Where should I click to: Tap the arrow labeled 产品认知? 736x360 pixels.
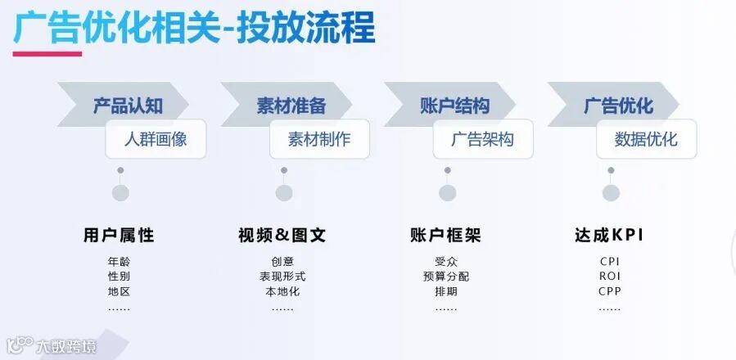[x=127, y=106]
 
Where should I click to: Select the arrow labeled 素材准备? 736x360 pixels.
[x=291, y=106]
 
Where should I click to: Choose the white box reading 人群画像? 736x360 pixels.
[x=156, y=139]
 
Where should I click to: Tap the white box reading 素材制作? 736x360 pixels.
[x=319, y=139]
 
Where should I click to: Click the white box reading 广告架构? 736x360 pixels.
[x=483, y=139]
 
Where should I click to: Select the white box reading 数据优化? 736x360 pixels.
[x=647, y=139]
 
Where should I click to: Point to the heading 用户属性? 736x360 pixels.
[x=119, y=236]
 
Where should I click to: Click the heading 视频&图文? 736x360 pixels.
[x=282, y=236]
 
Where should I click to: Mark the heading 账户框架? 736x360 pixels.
[x=445, y=236]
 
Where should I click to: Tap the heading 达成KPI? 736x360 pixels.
[x=609, y=236]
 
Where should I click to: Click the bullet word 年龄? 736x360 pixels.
[x=119, y=262]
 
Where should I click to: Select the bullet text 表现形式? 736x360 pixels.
[x=282, y=277]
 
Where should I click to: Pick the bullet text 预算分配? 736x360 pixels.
[x=446, y=277]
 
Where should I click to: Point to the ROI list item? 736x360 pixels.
[x=610, y=277]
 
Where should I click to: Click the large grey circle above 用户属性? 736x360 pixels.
[x=120, y=193]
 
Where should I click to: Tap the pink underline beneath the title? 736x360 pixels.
[x=47, y=54]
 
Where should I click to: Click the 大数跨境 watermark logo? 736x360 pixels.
[x=52, y=346]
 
